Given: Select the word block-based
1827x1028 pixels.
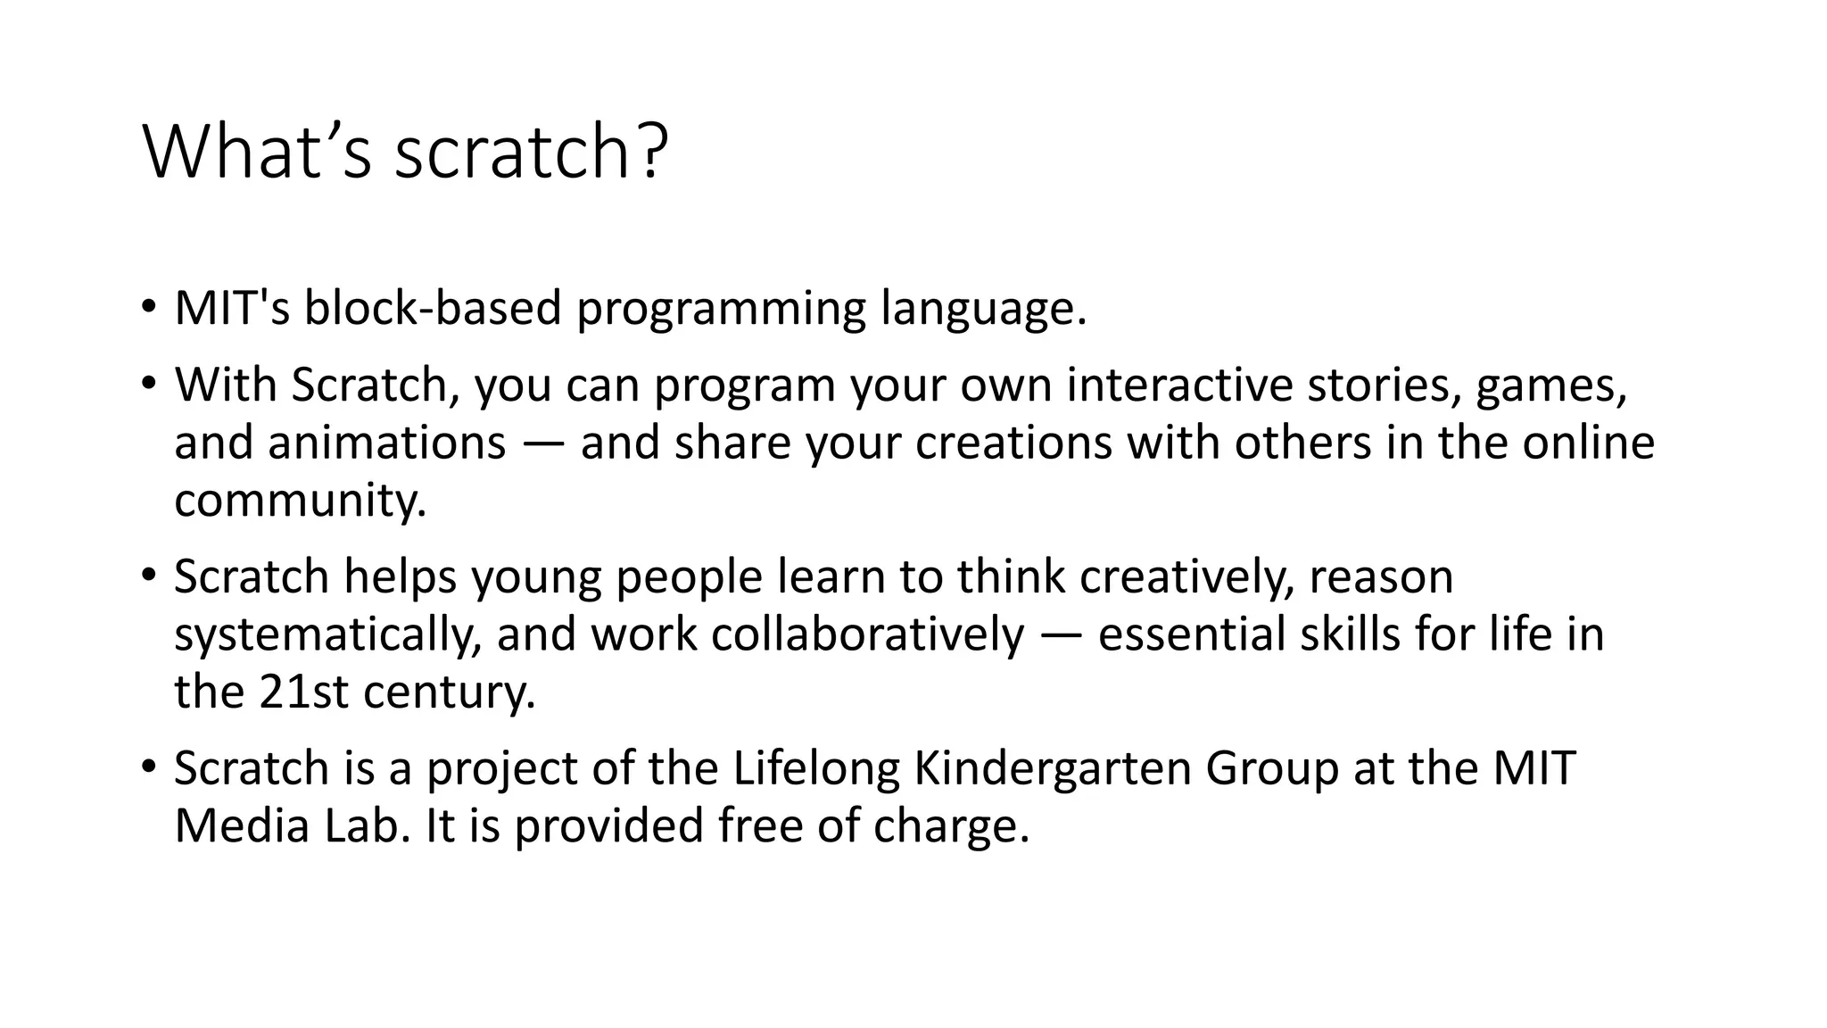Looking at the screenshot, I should tap(433, 309).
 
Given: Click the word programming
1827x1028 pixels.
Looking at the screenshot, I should tap(721, 309).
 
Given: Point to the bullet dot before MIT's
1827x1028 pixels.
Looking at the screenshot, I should tap(148, 309).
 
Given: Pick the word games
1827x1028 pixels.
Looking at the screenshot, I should tap(1551, 385).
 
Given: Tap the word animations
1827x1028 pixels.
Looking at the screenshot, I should tap(386, 443).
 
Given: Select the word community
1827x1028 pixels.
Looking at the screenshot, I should tap(300, 500).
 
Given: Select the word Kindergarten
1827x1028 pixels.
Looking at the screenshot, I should tap(1053, 768).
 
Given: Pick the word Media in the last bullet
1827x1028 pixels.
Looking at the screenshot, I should tap(241, 825).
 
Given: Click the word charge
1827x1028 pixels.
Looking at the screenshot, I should tap(951, 825).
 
